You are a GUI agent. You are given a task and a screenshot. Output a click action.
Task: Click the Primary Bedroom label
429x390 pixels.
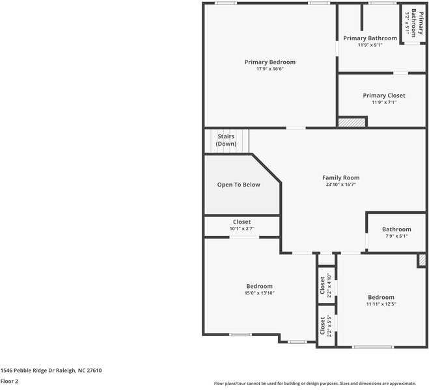click(270, 62)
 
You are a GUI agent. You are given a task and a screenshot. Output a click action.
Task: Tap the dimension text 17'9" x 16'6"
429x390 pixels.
click(270, 69)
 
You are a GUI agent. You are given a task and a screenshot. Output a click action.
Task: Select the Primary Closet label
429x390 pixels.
click(383, 96)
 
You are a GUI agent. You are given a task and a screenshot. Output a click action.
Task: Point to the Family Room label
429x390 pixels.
click(340, 177)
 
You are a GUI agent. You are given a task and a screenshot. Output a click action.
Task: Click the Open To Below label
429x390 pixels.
click(238, 185)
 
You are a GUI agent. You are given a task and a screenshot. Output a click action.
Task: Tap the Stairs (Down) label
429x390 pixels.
click(226, 140)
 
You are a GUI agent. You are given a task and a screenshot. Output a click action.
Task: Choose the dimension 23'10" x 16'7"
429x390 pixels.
click(340, 185)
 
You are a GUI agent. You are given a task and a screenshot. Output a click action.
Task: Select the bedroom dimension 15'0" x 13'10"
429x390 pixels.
click(259, 293)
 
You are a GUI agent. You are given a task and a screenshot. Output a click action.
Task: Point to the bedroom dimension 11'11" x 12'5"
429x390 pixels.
click(380, 304)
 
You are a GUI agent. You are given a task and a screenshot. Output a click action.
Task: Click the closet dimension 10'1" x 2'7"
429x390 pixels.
click(242, 229)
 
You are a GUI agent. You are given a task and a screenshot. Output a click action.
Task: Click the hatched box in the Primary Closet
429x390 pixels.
click(352, 122)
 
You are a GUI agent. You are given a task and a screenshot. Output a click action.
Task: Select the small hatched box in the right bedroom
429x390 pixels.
click(422, 260)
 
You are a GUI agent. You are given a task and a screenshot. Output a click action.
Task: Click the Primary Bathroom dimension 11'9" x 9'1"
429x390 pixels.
click(370, 45)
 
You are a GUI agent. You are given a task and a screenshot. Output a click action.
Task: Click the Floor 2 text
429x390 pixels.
click(9, 381)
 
